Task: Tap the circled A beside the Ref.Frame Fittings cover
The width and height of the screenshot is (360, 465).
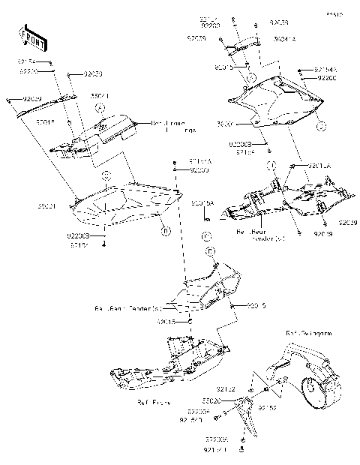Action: click(98, 109)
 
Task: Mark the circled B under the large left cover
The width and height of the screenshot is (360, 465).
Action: click(165, 232)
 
